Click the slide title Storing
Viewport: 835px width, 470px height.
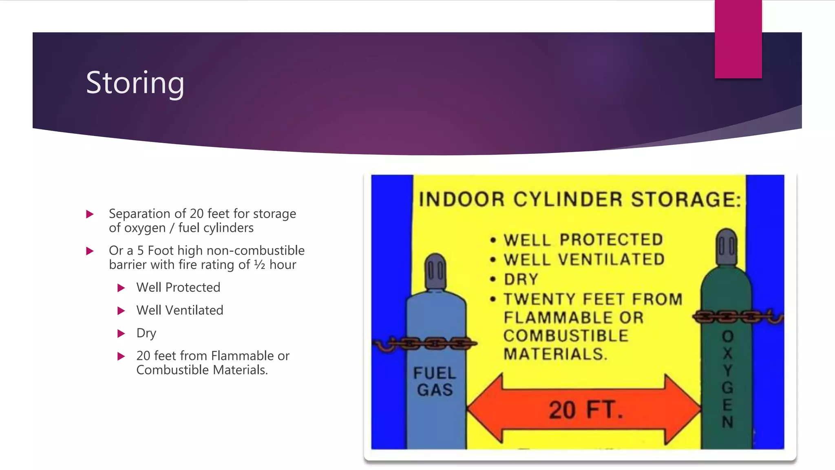(x=135, y=83)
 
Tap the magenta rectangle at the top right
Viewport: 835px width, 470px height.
(x=738, y=39)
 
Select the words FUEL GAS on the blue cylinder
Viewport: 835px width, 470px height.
(x=435, y=381)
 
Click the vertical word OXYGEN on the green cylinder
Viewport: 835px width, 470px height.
(x=727, y=379)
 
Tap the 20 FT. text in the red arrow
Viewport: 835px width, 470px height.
(x=585, y=410)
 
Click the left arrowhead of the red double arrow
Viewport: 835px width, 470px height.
(x=485, y=409)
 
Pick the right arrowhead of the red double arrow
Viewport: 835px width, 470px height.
(x=683, y=409)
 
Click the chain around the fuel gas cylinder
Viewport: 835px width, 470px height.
(x=426, y=344)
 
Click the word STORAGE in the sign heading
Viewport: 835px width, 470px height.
(x=685, y=200)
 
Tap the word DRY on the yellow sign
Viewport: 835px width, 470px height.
(x=521, y=279)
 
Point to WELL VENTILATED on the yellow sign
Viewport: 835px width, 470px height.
(x=584, y=259)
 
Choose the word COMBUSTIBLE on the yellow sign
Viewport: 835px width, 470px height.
(x=566, y=336)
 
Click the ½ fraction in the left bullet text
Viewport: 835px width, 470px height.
(x=259, y=265)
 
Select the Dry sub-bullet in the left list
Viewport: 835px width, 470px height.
(x=146, y=333)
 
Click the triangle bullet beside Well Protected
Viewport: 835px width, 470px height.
(x=121, y=288)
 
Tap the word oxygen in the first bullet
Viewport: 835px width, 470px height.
(x=145, y=228)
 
